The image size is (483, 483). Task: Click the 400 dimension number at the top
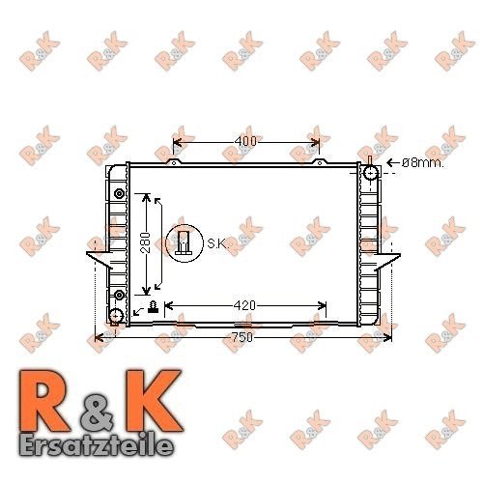(245, 142)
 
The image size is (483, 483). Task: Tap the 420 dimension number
(245, 306)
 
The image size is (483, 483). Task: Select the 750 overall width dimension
(242, 337)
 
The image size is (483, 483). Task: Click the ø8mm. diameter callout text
(422, 164)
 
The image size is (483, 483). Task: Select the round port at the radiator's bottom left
(116, 317)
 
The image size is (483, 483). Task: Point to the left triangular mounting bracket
(99, 259)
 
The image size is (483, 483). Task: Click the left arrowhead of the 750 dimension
(97, 337)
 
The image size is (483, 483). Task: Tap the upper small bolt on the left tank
(119, 194)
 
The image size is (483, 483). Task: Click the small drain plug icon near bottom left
(153, 306)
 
